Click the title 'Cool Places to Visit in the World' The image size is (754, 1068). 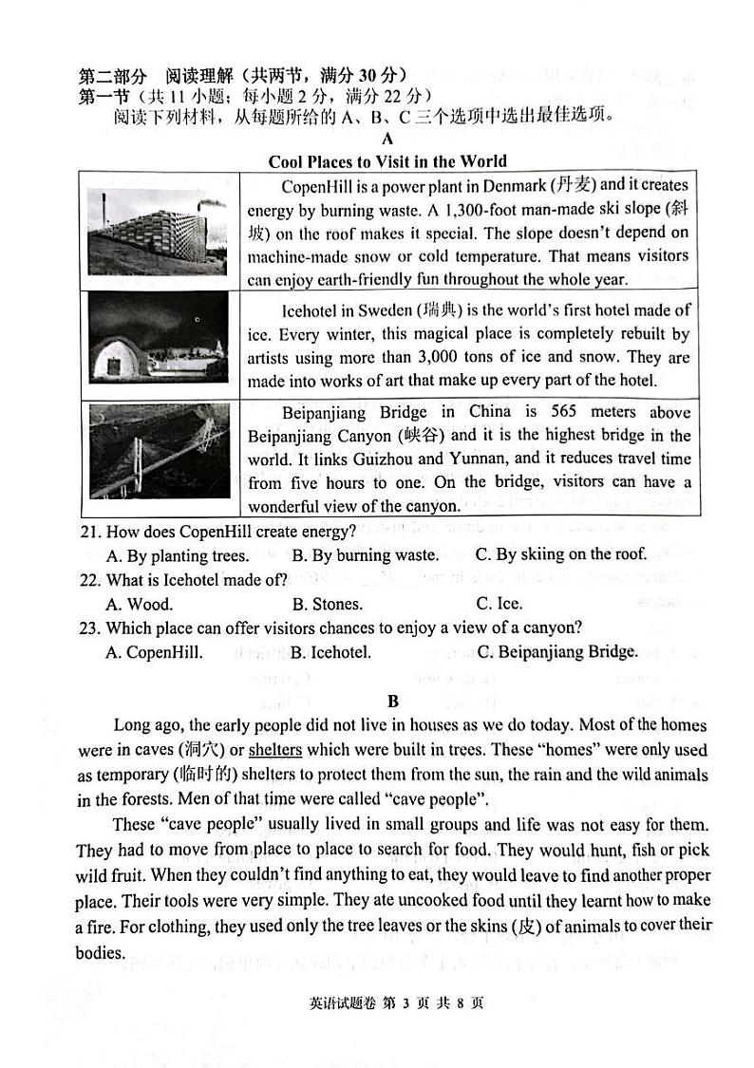(x=387, y=160)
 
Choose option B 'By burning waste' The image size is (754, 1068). (x=365, y=555)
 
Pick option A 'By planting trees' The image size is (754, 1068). (x=178, y=555)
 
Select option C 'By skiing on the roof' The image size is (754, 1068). (x=560, y=554)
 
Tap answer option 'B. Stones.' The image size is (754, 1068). (x=327, y=604)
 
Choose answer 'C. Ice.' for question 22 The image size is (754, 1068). (x=499, y=604)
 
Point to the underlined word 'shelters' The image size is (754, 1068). (x=275, y=750)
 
